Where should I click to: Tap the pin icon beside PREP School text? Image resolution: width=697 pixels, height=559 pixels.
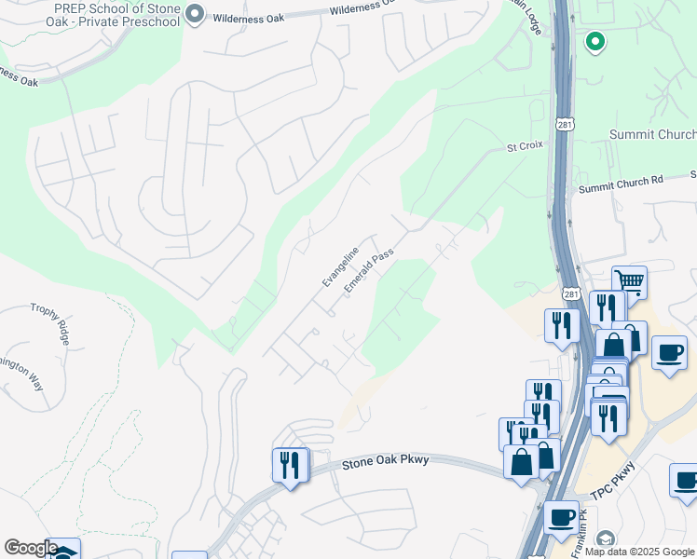tap(195, 14)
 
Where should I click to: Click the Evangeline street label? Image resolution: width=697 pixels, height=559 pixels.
tap(340, 266)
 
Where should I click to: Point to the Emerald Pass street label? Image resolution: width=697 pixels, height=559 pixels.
tap(369, 270)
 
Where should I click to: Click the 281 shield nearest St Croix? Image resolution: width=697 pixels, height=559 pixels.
tap(566, 124)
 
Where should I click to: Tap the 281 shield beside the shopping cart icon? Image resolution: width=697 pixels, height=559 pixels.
tap(570, 293)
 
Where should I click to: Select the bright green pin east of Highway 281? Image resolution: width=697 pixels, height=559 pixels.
tap(594, 42)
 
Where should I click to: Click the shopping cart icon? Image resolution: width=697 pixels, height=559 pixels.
tap(630, 281)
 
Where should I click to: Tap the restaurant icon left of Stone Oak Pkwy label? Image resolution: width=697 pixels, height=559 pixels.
tap(290, 464)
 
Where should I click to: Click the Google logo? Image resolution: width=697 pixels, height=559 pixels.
tap(31, 548)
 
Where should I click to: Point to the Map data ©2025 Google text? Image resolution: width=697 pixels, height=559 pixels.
tap(639, 552)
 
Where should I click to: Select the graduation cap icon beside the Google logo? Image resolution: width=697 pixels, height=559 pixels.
tap(64, 551)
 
